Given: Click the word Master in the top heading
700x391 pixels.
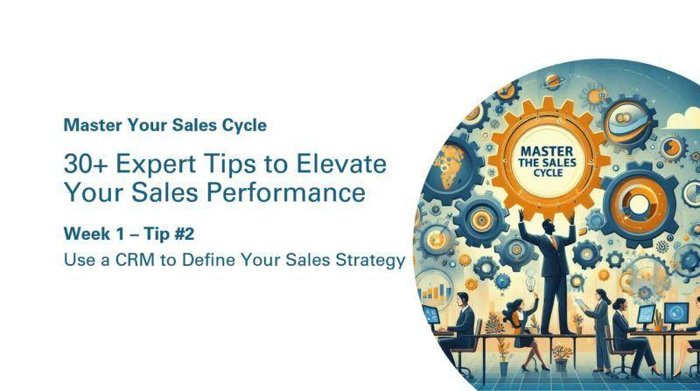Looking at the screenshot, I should pos(92,125).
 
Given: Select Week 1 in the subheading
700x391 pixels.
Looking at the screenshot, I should pos(95,234).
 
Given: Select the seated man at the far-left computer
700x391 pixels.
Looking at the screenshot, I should pos(465,323).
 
